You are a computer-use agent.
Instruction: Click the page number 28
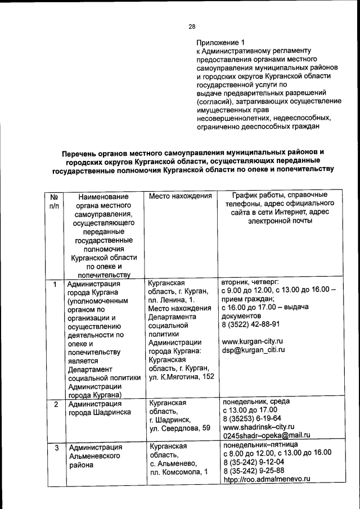[191, 26]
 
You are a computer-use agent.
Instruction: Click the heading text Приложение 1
[220, 43]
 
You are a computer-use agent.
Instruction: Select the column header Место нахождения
[180, 196]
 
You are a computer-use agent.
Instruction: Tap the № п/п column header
[55, 202]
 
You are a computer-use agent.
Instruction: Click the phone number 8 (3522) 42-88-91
[251, 324]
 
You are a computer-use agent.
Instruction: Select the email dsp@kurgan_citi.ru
[254, 350]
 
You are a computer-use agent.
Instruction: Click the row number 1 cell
[55, 284]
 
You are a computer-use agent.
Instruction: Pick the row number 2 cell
[55, 404]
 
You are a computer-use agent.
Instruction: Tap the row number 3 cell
[55, 448]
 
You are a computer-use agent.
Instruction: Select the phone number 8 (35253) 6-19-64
[252, 418]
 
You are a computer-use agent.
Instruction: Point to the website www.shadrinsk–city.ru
[259, 427]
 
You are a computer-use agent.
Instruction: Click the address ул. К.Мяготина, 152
[181, 376]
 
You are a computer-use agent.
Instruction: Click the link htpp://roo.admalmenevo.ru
[267, 479]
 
